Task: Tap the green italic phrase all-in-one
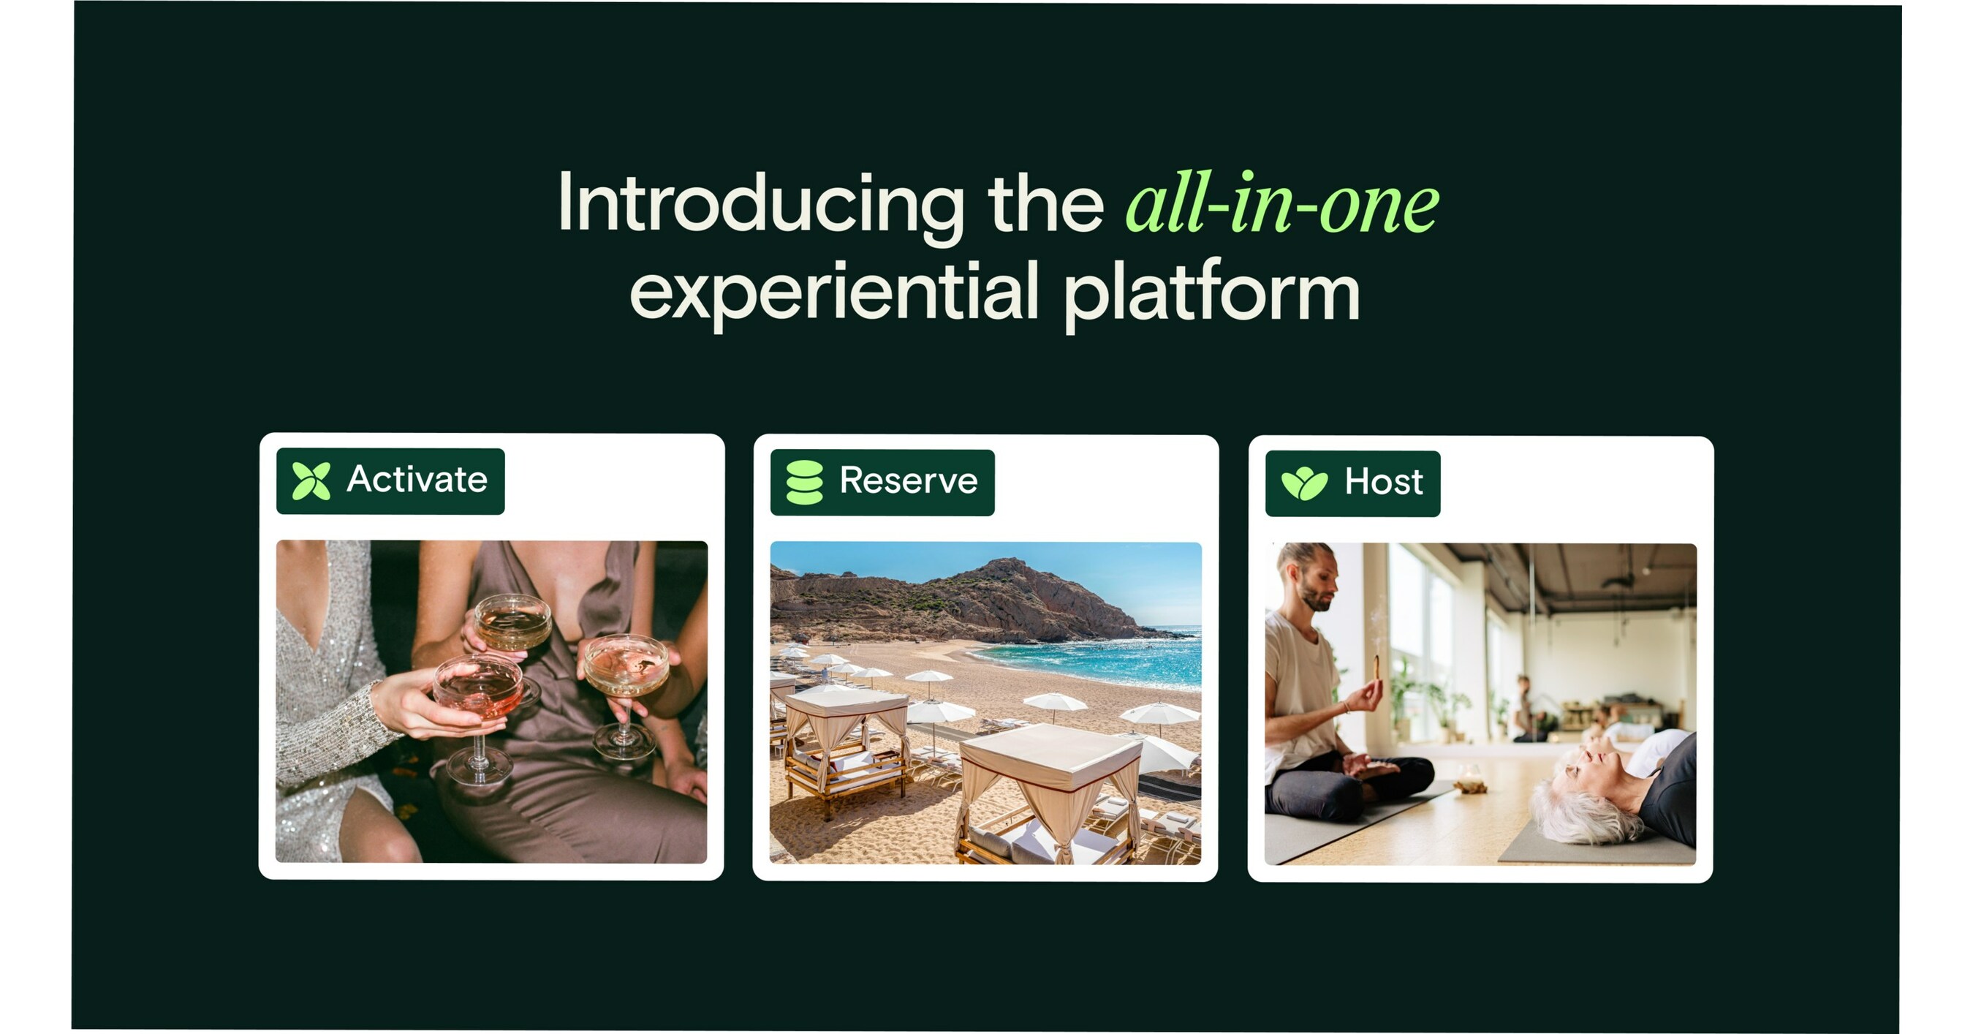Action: pos(1281,204)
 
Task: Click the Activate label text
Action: pos(417,480)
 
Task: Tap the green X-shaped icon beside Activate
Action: pos(311,481)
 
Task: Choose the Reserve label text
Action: pos(909,482)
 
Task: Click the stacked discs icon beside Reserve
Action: pos(804,483)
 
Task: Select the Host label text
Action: pos(1383,483)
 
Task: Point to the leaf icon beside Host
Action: pos(1304,483)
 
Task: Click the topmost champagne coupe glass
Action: pos(512,621)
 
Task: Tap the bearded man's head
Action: pos(1312,575)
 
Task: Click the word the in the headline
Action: pos(1045,204)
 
